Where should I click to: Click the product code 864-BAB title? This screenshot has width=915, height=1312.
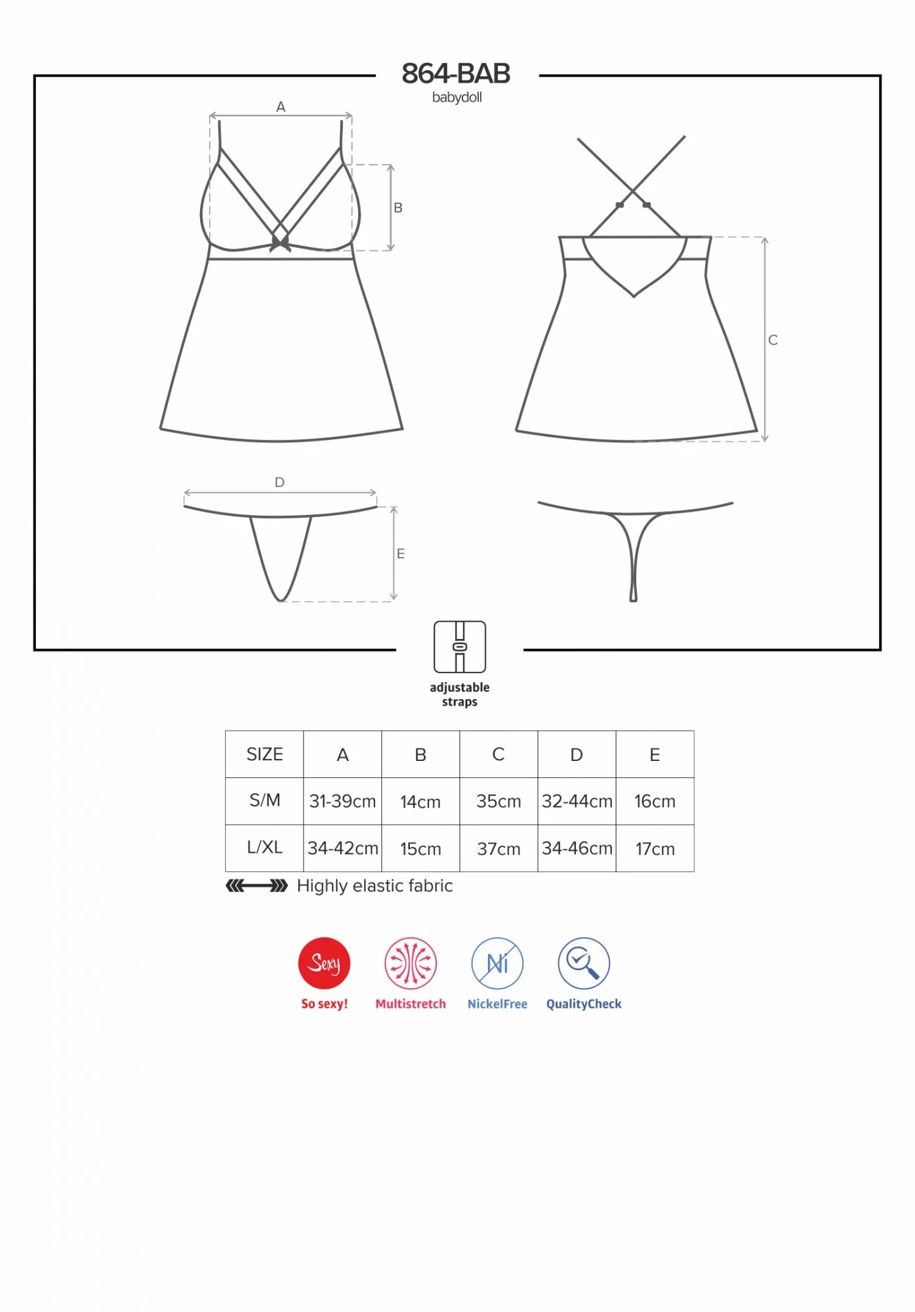pyautogui.click(x=456, y=73)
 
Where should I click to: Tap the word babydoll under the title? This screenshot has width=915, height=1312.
pyautogui.click(x=457, y=98)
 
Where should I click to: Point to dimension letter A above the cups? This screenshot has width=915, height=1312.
pyautogui.click(x=281, y=106)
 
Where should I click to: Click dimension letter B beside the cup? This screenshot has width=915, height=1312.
pyautogui.click(x=398, y=207)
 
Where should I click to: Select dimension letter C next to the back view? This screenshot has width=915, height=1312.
pyautogui.click(x=773, y=340)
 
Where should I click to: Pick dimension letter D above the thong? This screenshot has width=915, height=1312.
pyautogui.click(x=279, y=482)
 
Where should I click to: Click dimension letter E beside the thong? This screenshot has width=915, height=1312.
pyautogui.click(x=401, y=554)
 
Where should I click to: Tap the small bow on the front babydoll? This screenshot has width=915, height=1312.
pyautogui.click(x=280, y=243)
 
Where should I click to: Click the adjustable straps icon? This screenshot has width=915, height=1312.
pyautogui.click(x=460, y=647)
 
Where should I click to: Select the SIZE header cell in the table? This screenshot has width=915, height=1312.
pyautogui.click(x=264, y=754)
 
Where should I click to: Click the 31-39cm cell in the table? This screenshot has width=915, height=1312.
pyautogui.click(x=342, y=802)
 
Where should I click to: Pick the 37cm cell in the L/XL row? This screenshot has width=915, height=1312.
pyautogui.click(x=498, y=849)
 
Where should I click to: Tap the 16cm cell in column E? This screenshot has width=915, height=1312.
pyautogui.click(x=655, y=802)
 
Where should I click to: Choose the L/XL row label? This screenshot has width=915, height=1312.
pyautogui.click(x=264, y=848)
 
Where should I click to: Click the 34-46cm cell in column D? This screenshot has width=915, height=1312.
pyautogui.click(x=577, y=849)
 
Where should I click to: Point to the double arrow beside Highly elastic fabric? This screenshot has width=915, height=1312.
pyautogui.click(x=256, y=886)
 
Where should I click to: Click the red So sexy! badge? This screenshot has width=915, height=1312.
pyautogui.click(x=324, y=963)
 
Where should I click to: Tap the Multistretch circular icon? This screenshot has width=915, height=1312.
pyautogui.click(x=411, y=963)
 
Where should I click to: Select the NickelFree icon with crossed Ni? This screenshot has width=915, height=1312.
pyautogui.click(x=497, y=963)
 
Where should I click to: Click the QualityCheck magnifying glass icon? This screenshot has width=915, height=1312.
pyautogui.click(x=584, y=963)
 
